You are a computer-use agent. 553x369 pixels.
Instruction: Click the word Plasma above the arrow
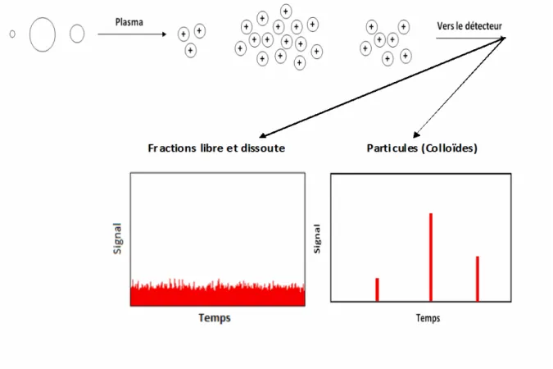point(129,22)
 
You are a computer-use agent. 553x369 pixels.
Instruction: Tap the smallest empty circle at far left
point(12,34)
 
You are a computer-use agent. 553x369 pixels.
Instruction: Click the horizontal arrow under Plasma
point(132,34)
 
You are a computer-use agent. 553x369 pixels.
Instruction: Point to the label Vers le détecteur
point(469,26)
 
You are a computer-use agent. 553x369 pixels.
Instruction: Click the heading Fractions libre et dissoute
point(216,148)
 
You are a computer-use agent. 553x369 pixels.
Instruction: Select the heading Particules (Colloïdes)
point(422,148)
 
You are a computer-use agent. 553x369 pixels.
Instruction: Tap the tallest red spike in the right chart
point(431,257)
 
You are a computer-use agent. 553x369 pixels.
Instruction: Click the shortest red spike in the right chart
point(377,289)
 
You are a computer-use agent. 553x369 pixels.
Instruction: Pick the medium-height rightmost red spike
point(478,279)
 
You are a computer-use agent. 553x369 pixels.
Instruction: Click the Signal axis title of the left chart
point(117,239)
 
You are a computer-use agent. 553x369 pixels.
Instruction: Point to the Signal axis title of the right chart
point(317,239)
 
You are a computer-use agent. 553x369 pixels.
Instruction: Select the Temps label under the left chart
point(215,318)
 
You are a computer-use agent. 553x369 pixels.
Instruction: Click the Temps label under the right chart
point(428,318)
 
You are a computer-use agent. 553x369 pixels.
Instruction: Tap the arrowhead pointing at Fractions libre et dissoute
point(263,135)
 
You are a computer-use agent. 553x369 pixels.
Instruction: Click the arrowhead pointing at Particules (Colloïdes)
point(416,134)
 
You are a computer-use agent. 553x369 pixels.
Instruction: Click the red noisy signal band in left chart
point(218,295)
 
